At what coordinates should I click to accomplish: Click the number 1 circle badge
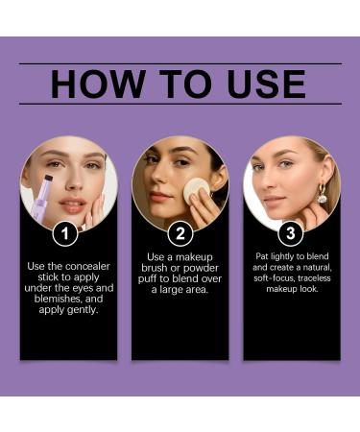pos(65,233)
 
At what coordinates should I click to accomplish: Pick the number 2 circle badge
pos(180,233)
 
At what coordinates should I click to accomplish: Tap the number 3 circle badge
pos(291,233)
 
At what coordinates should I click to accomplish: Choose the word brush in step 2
pos(154,268)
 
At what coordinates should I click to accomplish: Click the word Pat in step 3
pos(262,256)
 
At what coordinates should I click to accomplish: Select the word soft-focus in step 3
pos(275,278)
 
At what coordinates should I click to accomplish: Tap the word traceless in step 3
pos(314,278)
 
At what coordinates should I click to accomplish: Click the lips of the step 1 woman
pos(73,204)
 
